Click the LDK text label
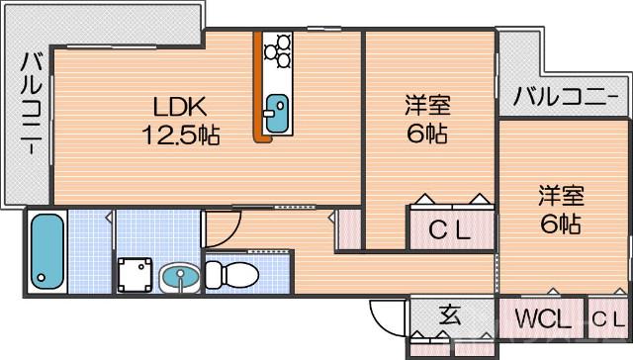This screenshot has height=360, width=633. pyautogui.click(x=178, y=105)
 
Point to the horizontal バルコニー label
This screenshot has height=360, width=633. pyautogui.click(x=560, y=97)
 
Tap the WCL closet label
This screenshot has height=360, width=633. pyautogui.click(x=542, y=318)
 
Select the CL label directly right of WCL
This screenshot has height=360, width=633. pyautogui.click(x=607, y=318)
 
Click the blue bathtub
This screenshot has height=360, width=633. pyautogui.click(x=45, y=250)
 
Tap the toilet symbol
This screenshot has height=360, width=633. pyautogui.click(x=233, y=272)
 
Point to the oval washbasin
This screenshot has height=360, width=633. pyautogui.click(x=179, y=277)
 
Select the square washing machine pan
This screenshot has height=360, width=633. pyautogui.click(x=135, y=274)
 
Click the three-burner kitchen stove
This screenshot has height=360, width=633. pyautogui.click(x=278, y=50)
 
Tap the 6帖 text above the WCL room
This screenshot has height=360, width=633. pyautogui.click(x=561, y=223)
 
